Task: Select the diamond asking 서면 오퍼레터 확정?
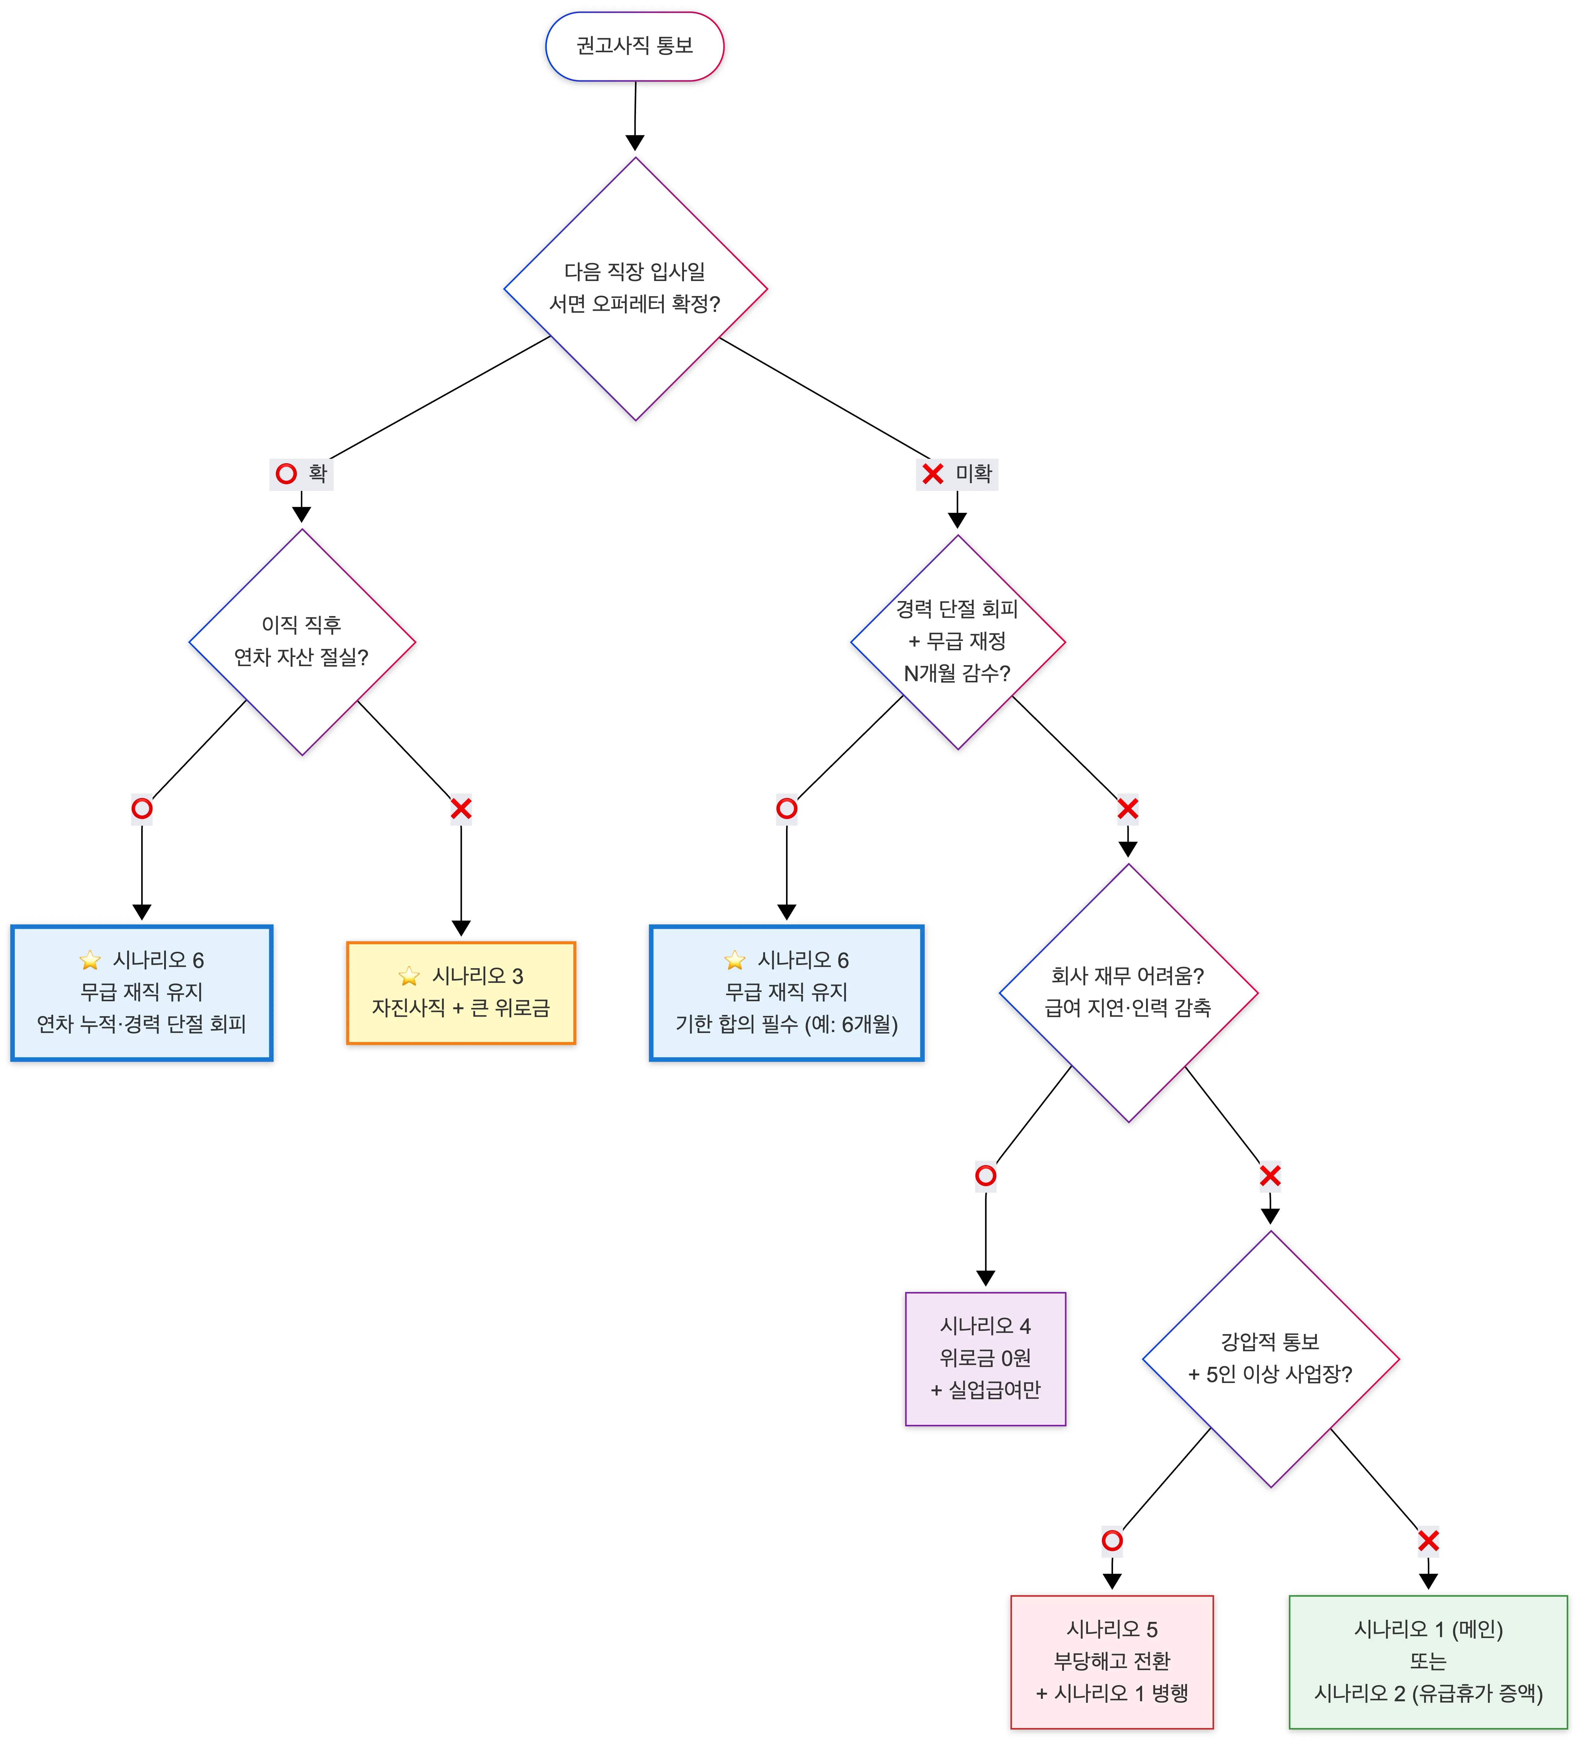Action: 635,288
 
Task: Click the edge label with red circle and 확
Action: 301,473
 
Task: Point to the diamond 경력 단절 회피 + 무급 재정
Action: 957,642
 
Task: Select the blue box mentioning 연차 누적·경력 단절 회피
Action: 142,992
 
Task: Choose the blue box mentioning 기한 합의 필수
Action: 786,992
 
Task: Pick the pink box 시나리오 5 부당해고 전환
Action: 1112,1662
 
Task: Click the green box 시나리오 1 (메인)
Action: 1428,1662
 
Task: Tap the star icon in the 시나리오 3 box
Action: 409,976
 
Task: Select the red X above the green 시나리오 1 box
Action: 1428,1541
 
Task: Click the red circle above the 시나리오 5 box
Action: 1112,1541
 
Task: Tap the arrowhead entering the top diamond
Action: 635,143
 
